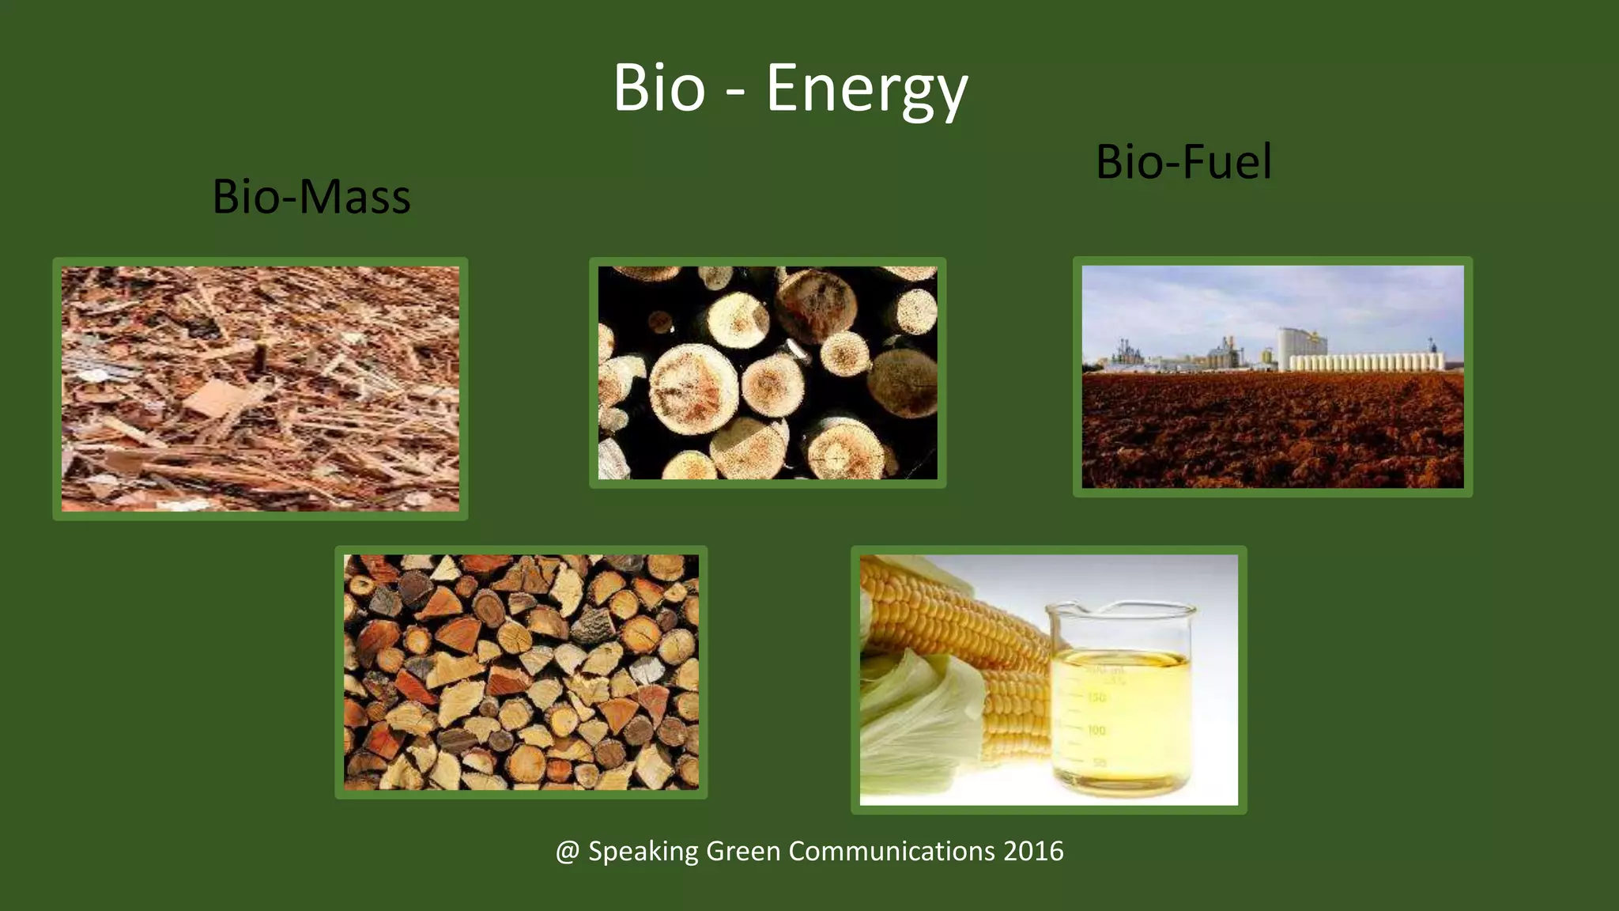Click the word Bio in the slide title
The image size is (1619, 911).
point(659,88)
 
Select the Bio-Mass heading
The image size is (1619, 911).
point(311,197)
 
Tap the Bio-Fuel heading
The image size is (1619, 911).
point(1183,162)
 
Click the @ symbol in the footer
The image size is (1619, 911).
point(568,852)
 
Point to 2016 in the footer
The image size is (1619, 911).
point(1033,852)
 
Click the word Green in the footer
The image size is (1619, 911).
point(742,852)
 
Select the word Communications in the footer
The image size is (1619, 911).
point(892,852)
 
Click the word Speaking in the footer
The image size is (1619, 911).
point(643,852)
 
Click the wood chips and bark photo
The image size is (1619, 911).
point(260,388)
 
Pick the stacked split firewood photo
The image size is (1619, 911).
point(521,672)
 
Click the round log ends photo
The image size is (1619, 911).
point(767,372)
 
